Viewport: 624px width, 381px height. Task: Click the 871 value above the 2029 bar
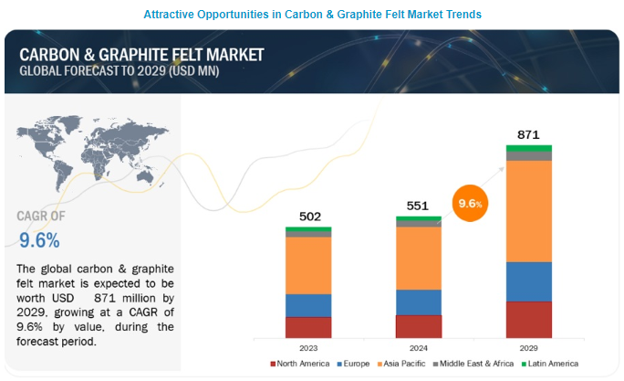point(528,134)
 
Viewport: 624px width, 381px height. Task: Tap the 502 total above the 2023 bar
point(308,217)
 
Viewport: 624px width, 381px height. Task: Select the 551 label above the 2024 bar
point(418,206)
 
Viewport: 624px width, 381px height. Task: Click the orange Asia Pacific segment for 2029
point(528,211)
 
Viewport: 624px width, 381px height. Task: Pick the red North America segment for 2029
point(528,320)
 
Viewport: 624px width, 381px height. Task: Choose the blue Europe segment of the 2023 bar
point(308,305)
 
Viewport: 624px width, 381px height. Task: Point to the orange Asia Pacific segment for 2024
point(418,258)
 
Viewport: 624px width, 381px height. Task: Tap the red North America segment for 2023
point(308,328)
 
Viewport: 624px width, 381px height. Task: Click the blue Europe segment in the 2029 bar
point(528,281)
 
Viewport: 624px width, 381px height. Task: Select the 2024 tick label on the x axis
point(418,348)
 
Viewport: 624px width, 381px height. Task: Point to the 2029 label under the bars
point(528,348)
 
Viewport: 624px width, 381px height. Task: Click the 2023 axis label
point(308,348)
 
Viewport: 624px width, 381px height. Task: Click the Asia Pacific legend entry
point(400,365)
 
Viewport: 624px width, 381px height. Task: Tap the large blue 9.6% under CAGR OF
point(39,240)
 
